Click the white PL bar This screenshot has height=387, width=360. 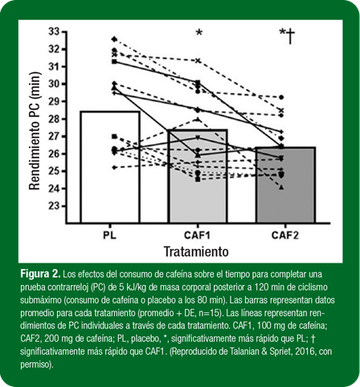[110, 167]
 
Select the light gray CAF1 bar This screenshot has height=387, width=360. [198, 176]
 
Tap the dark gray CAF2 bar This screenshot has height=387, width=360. [285, 185]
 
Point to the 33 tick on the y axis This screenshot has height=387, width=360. [63, 32]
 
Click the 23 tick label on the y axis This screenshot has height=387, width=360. [54, 206]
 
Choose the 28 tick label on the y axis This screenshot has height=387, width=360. [54, 119]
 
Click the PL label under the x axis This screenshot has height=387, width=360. [110, 235]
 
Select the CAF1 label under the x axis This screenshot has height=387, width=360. [198, 235]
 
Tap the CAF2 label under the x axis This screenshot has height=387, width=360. [285, 235]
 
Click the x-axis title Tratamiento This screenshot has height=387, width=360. [196, 251]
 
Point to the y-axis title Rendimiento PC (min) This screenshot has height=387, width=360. [35, 131]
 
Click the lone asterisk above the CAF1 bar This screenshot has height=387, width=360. [199, 33]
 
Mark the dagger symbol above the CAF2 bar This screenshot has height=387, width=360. [290, 36]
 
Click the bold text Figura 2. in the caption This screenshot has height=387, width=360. [40, 274]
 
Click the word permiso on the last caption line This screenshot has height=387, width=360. [35, 365]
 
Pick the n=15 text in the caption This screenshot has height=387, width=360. [211, 312]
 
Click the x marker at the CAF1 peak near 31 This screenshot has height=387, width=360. [198, 61]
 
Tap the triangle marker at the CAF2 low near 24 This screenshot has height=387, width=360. [281, 187]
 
